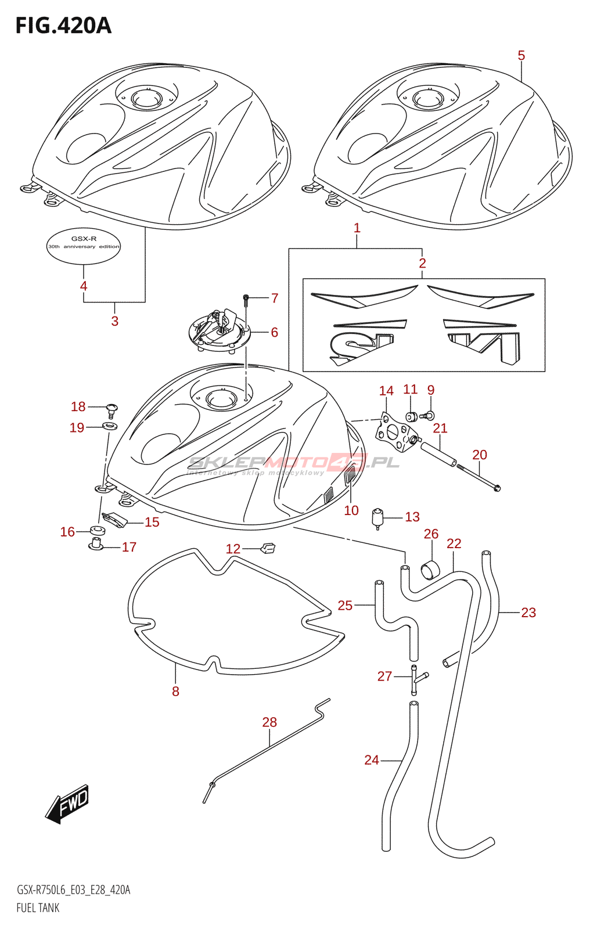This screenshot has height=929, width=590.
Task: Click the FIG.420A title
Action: [x=63, y=26]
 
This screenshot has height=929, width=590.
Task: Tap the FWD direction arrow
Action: [x=68, y=804]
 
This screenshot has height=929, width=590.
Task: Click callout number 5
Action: [x=521, y=56]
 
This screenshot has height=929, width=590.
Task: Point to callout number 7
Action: [x=275, y=298]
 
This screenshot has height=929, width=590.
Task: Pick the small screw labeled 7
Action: [x=246, y=300]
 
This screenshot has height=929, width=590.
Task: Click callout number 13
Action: [x=412, y=517]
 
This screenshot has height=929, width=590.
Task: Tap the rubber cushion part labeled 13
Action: [x=378, y=517]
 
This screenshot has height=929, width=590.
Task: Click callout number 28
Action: [x=269, y=722]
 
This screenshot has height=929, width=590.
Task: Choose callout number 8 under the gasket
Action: [x=175, y=692]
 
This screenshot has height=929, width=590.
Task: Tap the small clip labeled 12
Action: [x=269, y=546]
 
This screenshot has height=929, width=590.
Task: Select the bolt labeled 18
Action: [x=111, y=409]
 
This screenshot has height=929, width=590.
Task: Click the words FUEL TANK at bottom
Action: [x=38, y=908]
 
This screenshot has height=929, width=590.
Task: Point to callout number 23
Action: [x=528, y=613]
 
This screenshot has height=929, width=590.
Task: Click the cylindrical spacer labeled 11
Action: [x=411, y=416]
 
